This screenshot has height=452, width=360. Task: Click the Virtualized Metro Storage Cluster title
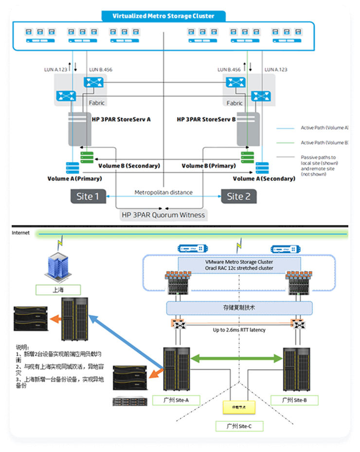tap(163, 16)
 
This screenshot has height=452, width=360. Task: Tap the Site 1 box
tap(88, 197)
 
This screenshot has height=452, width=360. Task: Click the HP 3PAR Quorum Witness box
tap(163, 215)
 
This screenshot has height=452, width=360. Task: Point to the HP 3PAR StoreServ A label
tap(121, 119)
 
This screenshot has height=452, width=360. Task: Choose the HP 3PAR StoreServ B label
tap(206, 119)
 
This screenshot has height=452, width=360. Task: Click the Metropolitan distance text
tap(163, 193)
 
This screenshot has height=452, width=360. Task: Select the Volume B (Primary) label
tap(208, 166)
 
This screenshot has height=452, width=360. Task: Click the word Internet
tap(20, 233)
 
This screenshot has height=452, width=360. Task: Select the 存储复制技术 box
tap(239, 307)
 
